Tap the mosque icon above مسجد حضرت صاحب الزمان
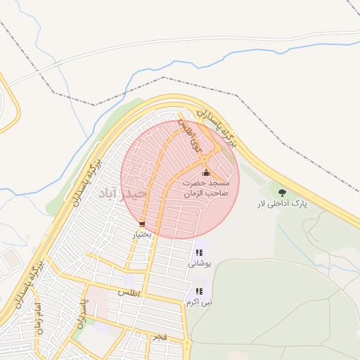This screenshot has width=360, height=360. click(206, 173)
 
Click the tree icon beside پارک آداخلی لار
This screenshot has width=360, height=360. click(282, 192)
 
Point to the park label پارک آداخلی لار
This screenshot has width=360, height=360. click(282, 204)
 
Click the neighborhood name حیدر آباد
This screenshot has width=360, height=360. click(122, 192)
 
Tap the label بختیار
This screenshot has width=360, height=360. click(141, 234)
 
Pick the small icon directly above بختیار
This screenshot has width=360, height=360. click(143, 225)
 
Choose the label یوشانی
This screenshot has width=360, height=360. click(200, 264)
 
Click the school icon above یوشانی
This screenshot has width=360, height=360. click(199, 253)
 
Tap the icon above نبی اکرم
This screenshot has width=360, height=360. click(199, 291)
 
